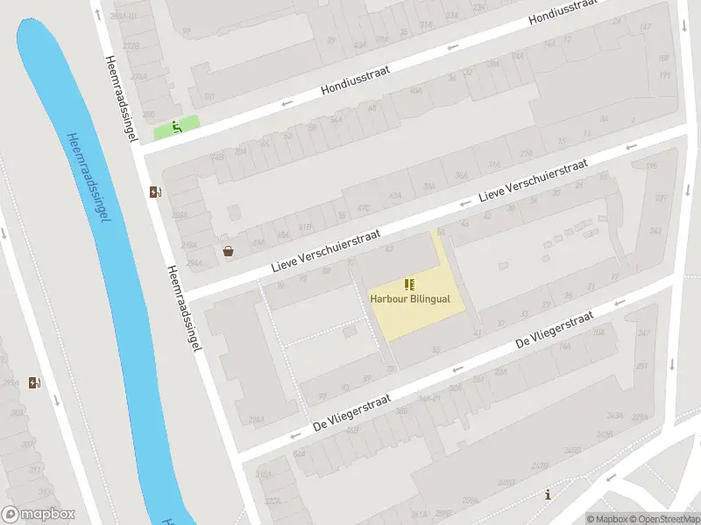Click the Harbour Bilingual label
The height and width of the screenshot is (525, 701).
coord(410,298)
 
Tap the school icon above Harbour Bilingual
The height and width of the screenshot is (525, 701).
coord(409,284)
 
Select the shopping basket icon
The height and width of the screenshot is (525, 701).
coord(229,251)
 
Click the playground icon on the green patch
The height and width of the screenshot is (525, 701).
coord(177,127)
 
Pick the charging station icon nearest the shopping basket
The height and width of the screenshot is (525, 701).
coord(156,192)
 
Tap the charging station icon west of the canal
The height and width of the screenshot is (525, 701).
coord(35,382)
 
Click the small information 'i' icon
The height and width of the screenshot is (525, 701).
coord(549,494)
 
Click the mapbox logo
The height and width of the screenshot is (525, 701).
coord(39,514)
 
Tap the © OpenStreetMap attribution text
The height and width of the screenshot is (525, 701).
coord(662,519)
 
